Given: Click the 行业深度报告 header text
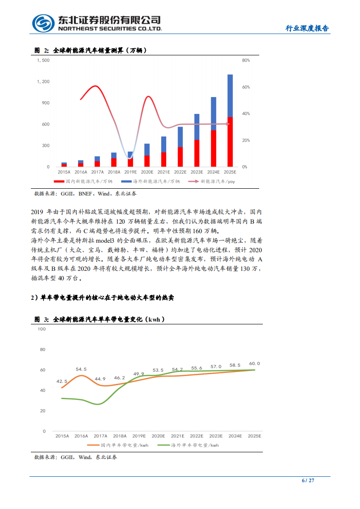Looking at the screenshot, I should point(307,28).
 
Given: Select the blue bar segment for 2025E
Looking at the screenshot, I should point(230,95).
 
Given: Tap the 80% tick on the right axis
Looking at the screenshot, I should point(246,60).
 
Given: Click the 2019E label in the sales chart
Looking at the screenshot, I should point(130,172).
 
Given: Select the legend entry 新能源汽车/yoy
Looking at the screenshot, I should point(213,181).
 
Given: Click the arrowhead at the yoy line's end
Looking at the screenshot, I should point(228,124).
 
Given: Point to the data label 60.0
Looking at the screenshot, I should point(255,363).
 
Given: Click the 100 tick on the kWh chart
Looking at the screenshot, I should point(42,329).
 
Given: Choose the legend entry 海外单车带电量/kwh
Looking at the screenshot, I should point(192,445).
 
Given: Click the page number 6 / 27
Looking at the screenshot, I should point(308,480).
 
